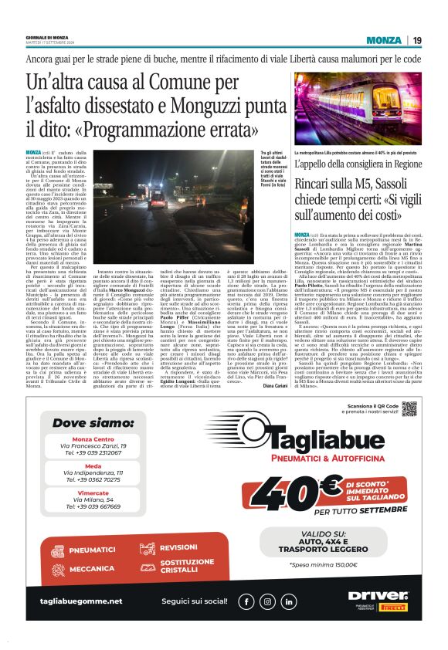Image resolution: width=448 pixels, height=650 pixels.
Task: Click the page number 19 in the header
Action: click(x=417, y=40)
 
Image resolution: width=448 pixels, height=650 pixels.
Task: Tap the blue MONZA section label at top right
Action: click(x=384, y=40)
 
